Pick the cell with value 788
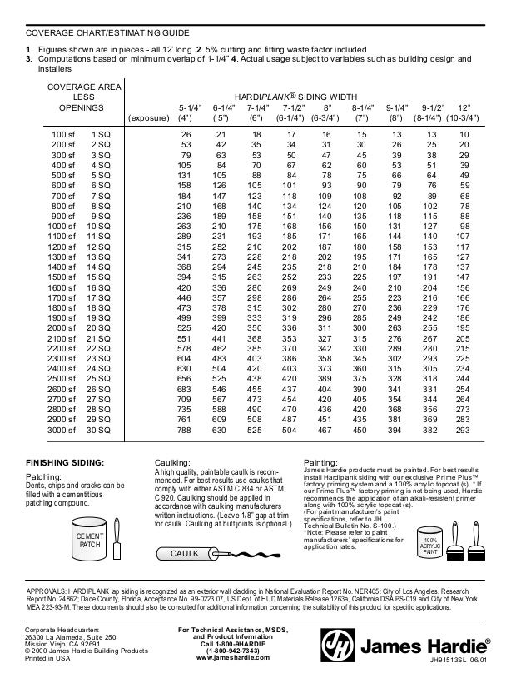(184, 431)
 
